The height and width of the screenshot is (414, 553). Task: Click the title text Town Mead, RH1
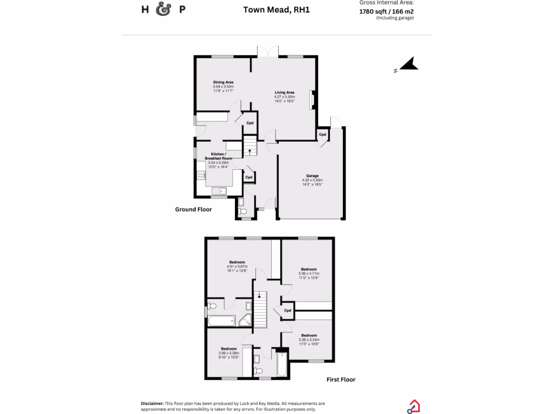click(x=276, y=9)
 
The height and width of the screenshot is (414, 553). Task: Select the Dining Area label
click(x=223, y=82)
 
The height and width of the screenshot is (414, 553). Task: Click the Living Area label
click(x=284, y=92)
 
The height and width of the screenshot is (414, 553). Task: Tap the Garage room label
click(x=312, y=176)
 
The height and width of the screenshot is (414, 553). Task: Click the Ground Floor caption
click(x=193, y=209)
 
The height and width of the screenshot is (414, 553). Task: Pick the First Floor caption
click(x=341, y=379)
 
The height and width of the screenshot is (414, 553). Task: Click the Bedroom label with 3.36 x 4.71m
click(x=309, y=269)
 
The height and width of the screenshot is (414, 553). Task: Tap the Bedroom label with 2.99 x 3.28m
click(x=229, y=349)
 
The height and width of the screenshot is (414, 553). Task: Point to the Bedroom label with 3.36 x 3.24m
click(x=309, y=335)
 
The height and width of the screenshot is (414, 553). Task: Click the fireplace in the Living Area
click(x=311, y=100)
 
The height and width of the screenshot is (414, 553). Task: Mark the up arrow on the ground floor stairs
click(x=249, y=151)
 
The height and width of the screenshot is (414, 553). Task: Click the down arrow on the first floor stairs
click(x=260, y=295)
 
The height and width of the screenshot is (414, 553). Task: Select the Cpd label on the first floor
click(x=287, y=310)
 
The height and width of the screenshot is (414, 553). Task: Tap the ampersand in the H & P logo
click(x=163, y=10)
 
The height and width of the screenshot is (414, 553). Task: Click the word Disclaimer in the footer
click(x=152, y=403)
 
